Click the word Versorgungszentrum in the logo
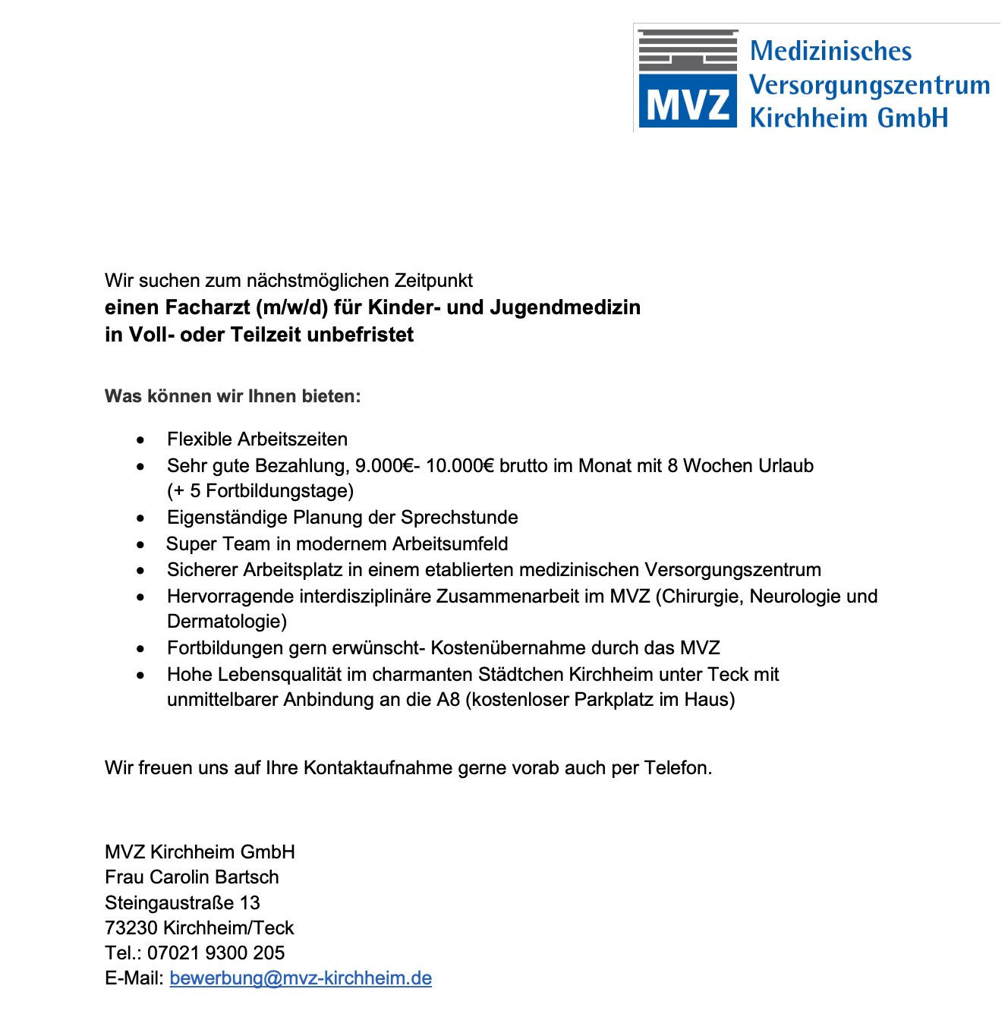(869, 85)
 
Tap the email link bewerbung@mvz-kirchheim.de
(301, 978)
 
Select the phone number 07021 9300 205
(216, 953)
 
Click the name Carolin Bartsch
(214, 877)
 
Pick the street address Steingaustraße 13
(182, 902)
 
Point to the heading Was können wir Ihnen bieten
(232, 396)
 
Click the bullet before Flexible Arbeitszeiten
(140, 440)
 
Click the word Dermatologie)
(227, 622)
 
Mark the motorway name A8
(448, 700)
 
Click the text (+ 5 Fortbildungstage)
(260, 491)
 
